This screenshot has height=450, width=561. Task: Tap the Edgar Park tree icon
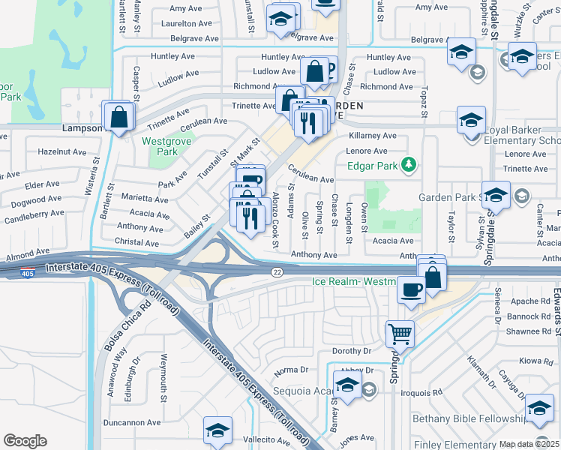(408, 163)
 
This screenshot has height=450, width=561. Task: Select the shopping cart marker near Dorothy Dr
(400, 334)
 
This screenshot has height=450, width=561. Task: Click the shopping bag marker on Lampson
(118, 117)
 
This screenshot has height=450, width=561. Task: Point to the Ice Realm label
(352, 282)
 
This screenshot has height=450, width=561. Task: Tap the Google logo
(25, 441)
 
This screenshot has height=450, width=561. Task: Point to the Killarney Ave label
(373, 136)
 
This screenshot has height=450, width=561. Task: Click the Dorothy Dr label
(352, 350)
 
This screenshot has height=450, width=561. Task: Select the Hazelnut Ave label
(63, 151)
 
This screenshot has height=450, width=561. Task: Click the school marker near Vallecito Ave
(217, 430)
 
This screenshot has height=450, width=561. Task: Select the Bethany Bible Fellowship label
(471, 418)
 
